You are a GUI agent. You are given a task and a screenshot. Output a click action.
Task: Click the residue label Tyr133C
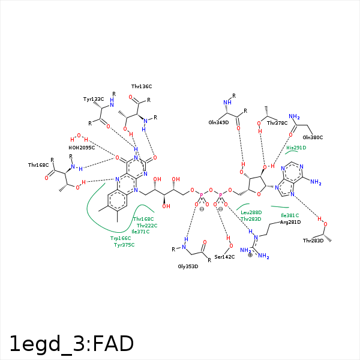pyautogui.click(x=94, y=98)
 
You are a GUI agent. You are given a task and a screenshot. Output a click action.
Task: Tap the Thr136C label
pyautogui.click(x=142, y=86)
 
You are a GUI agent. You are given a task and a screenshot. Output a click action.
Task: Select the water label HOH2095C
pyautogui.click(x=82, y=148)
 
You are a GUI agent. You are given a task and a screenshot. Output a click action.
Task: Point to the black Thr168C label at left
pyautogui.click(x=38, y=165)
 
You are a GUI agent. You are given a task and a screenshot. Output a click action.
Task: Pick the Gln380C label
pyautogui.click(x=313, y=137)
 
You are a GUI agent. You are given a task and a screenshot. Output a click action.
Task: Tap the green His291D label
pyautogui.click(x=296, y=148)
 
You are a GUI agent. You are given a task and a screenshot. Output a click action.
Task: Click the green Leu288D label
pyautogui.click(x=251, y=212)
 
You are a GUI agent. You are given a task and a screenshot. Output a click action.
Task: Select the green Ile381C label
pyautogui.click(x=290, y=215)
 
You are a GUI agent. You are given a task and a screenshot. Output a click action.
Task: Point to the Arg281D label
pyautogui.click(x=290, y=222)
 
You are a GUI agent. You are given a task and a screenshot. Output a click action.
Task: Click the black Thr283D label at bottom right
pyautogui.click(x=313, y=241)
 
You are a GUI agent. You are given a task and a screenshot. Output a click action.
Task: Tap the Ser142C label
pyautogui.click(x=224, y=257)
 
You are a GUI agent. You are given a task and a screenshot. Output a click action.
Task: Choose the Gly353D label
pyautogui.click(x=188, y=266)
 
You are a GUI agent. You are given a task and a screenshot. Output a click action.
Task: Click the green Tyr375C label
pyautogui.click(x=124, y=245)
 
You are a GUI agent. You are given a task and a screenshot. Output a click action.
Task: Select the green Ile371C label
pyautogui.click(x=140, y=232)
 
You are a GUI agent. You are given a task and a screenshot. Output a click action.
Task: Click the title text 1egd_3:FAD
pyautogui.click(x=71, y=344)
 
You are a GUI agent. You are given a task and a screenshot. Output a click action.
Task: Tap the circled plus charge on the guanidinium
pyautogui.click(x=250, y=255)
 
